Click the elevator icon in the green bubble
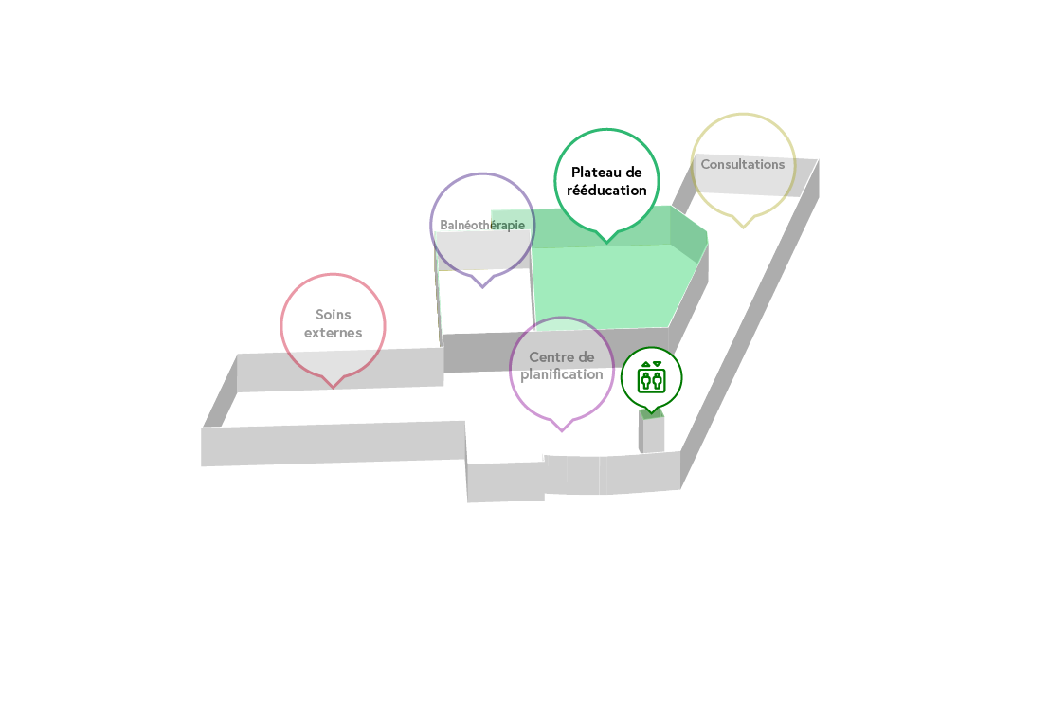point(651,377)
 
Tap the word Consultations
point(743,164)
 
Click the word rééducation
point(606,191)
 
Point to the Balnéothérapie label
point(482,226)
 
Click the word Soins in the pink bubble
point(333,314)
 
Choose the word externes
point(333,333)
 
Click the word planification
point(561,375)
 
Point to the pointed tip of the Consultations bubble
point(743,227)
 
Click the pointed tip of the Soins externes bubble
point(333,387)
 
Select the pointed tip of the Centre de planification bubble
point(562,430)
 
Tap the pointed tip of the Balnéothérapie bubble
point(482,287)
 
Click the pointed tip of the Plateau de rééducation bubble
point(606,242)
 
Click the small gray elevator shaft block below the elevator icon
point(652,433)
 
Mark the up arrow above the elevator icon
point(645,364)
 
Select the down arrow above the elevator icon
point(657,364)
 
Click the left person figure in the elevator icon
point(645,380)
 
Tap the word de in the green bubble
point(634,173)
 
